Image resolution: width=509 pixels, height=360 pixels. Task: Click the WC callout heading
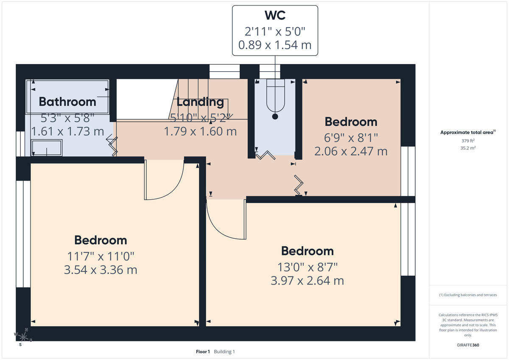tap(275, 16)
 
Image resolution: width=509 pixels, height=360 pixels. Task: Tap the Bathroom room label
tap(67, 102)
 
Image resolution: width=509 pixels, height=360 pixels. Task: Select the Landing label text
tap(200, 102)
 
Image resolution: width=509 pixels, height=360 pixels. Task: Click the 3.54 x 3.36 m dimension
tap(101, 270)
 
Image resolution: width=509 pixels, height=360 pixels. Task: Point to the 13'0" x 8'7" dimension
tap(307, 266)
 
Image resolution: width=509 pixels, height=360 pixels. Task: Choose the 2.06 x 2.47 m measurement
tap(351, 151)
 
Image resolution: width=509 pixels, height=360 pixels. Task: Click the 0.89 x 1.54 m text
tap(275, 45)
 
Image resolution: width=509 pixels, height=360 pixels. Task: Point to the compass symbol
tap(23, 337)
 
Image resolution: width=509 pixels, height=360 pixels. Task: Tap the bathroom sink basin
tap(47, 148)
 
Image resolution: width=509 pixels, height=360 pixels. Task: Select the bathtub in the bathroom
tap(68, 90)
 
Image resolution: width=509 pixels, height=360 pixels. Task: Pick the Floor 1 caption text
tap(203, 352)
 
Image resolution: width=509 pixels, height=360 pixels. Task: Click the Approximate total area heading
tap(467, 133)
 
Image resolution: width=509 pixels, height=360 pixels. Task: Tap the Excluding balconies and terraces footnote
tap(468, 295)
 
